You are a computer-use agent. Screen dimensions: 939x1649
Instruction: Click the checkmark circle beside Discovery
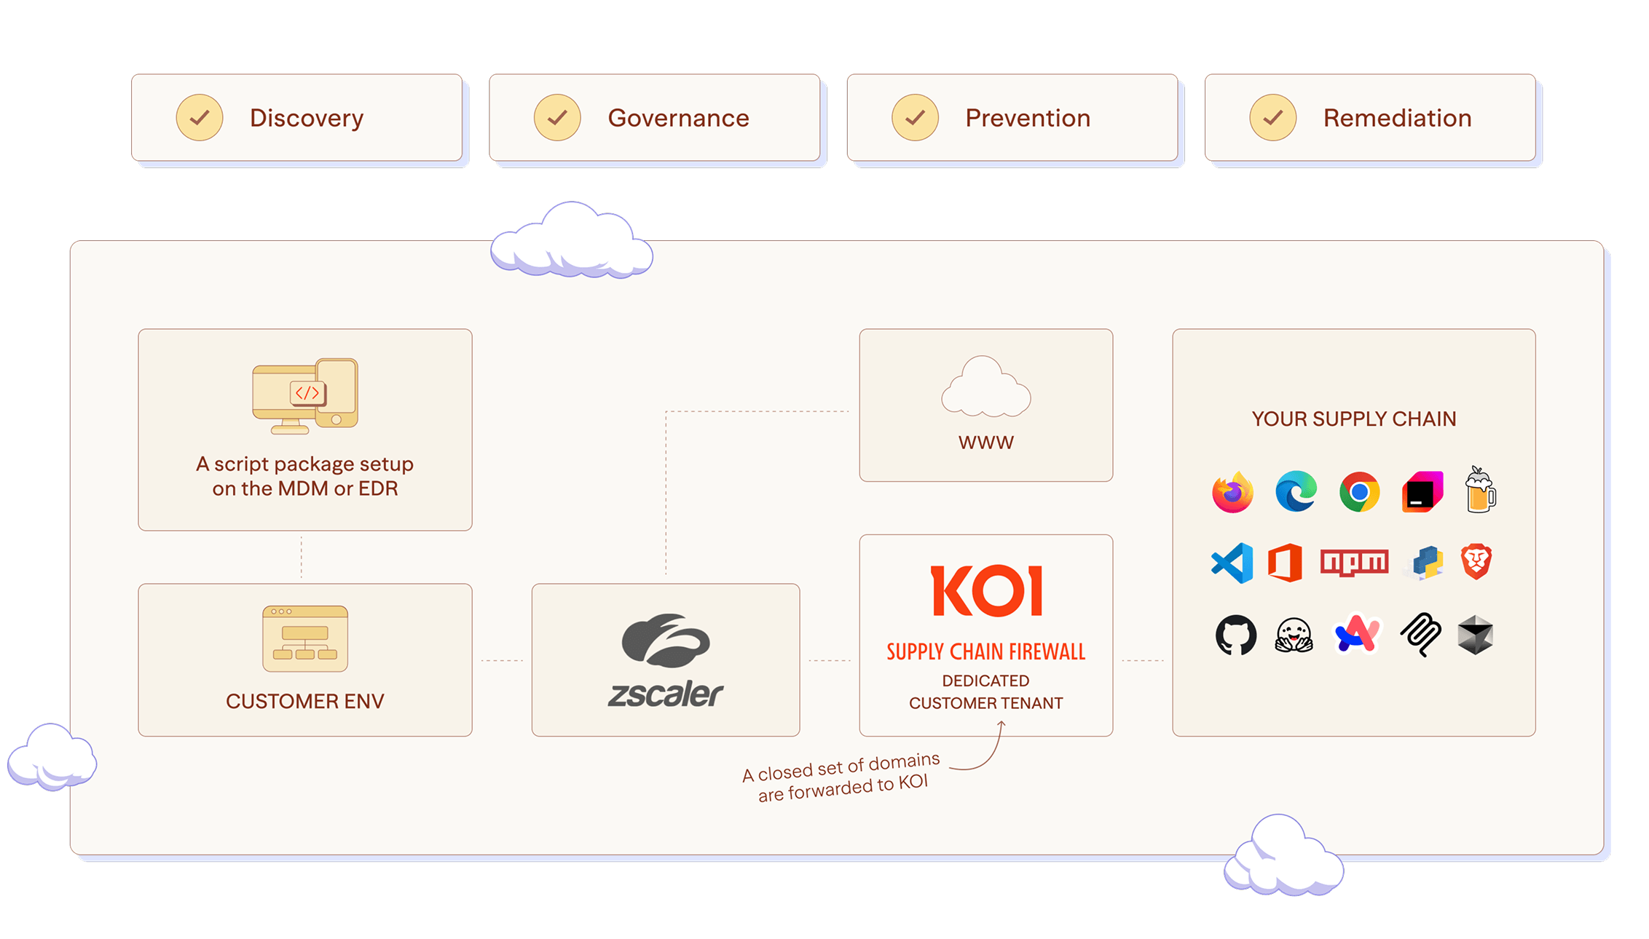click(x=199, y=117)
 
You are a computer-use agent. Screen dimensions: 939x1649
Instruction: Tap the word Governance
click(x=678, y=118)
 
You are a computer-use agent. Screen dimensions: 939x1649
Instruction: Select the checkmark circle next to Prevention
click(x=915, y=117)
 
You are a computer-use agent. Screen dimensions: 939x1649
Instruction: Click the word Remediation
click(x=1397, y=118)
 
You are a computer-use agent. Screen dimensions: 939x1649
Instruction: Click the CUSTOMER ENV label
click(x=304, y=701)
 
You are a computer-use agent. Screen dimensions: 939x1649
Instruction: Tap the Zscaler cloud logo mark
click(x=665, y=641)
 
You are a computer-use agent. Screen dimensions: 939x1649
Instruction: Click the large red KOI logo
click(x=986, y=591)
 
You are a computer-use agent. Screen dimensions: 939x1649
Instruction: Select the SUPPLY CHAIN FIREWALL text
click(x=985, y=651)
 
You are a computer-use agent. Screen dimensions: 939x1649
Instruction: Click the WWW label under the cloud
click(x=985, y=443)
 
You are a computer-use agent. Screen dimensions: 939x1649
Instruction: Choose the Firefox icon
click(x=1232, y=493)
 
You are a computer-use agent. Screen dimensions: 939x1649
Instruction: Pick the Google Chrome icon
click(x=1359, y=492)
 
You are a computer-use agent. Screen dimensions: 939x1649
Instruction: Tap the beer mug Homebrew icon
click(x=1480, y=491)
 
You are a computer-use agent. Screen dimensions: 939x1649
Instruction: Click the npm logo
click(x=1354, y=563)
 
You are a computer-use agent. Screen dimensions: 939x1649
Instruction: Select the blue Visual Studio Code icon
click(x=1232, y=563)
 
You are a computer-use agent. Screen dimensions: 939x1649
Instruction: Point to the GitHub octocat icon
click(x=1235, y=635)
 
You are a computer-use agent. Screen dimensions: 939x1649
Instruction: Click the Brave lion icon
click(x=1476, y=562)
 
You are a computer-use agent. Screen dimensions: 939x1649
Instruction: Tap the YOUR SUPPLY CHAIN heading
click(x=1353, y=419)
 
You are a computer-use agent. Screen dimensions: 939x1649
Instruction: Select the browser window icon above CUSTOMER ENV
click(x=305, y=638)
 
